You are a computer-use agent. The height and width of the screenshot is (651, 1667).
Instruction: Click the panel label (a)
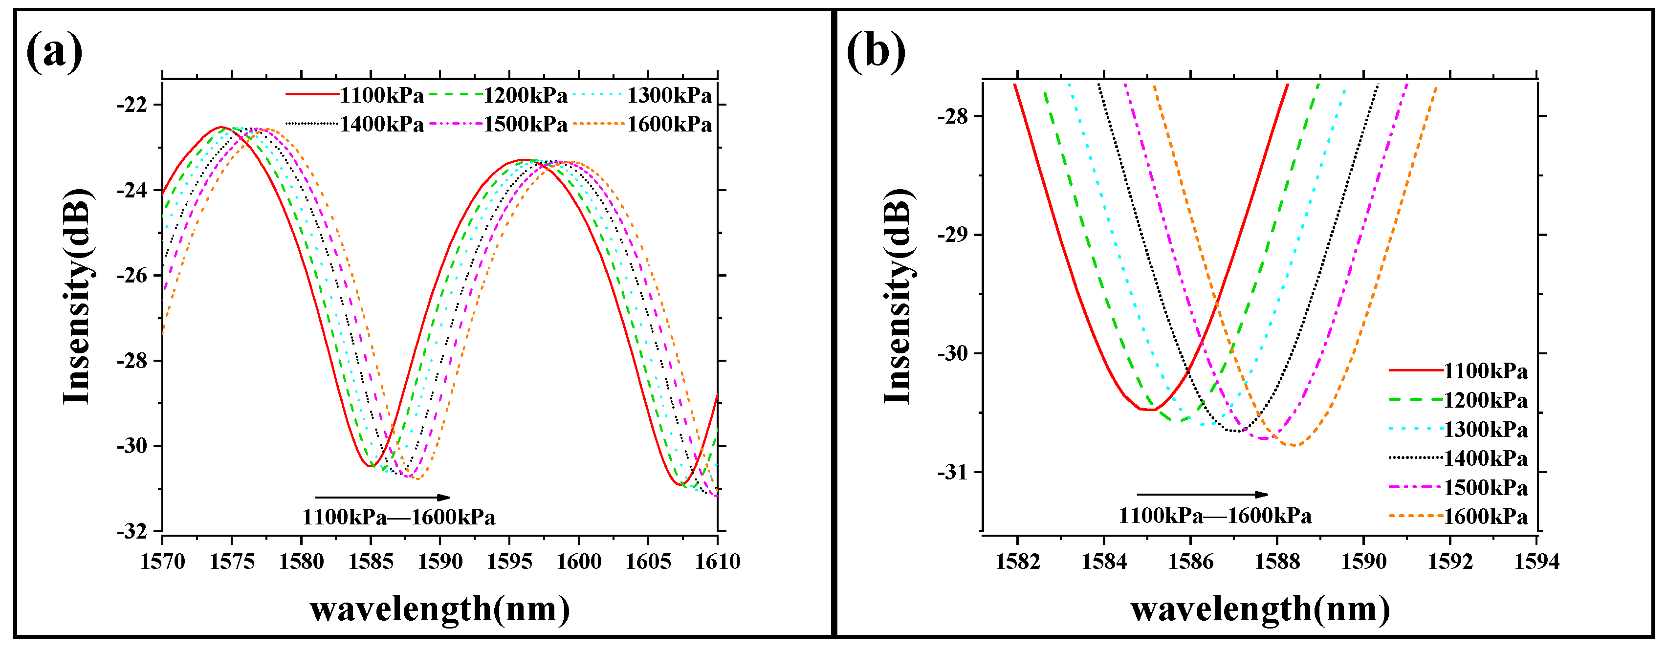54,52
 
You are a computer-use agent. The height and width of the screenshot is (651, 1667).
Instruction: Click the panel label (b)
876,52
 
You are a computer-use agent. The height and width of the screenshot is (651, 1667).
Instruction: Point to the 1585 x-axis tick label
371,561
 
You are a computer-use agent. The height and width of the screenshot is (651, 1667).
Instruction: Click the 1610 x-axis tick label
718,561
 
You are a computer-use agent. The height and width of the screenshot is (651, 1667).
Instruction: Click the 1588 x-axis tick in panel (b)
1277,561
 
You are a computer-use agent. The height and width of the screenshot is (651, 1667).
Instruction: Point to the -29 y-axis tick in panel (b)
953,235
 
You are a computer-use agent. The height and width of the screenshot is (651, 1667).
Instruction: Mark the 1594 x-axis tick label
1536,561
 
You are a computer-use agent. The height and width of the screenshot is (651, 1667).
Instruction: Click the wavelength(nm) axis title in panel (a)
440,609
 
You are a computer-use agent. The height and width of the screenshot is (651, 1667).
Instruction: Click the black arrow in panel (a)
382,498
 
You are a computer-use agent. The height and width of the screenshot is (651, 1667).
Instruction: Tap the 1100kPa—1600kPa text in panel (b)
1215,516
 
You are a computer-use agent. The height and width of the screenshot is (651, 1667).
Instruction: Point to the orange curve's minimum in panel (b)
1293,445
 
